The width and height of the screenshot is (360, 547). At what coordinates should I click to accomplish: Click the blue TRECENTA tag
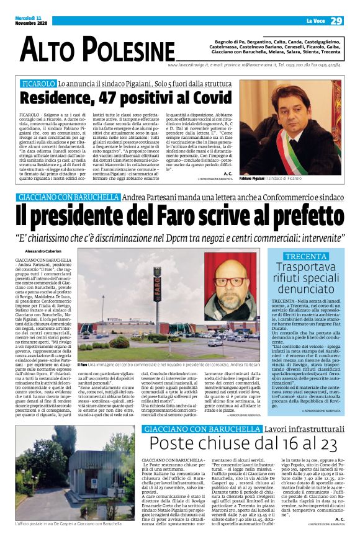pyautogui.click(x=305, y=256)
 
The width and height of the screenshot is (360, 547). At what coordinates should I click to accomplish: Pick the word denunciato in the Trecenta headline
pyautogui.click(x=305, y=289)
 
